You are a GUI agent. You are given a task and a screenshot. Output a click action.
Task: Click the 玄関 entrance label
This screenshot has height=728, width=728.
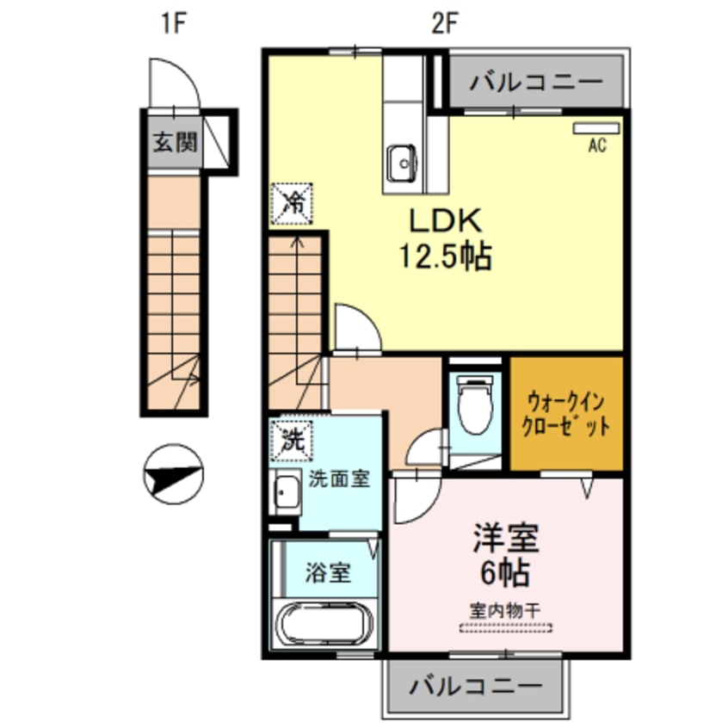click(176, 142)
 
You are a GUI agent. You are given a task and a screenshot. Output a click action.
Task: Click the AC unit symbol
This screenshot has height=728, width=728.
click(596, 128)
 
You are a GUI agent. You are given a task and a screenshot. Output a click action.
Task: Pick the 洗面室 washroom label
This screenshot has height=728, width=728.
click(340, 479)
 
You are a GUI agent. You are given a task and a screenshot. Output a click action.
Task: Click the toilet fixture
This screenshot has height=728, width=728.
click(474, 404)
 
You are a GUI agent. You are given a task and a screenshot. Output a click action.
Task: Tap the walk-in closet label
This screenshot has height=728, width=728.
click(568, 414)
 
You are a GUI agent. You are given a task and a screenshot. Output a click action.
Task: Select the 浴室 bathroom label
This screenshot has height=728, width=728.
click(328, 573)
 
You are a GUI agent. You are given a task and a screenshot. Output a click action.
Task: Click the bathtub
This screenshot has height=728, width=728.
click(323, 626)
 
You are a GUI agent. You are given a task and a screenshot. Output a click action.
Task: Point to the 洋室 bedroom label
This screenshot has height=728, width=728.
click(505, 538)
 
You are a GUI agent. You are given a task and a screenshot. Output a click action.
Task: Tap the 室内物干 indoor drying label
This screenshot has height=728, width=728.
click(505, 609)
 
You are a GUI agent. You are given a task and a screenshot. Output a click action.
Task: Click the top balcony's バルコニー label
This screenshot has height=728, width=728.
click(536, 83)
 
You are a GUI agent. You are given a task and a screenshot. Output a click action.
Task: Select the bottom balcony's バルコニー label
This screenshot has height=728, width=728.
click(476, 687)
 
